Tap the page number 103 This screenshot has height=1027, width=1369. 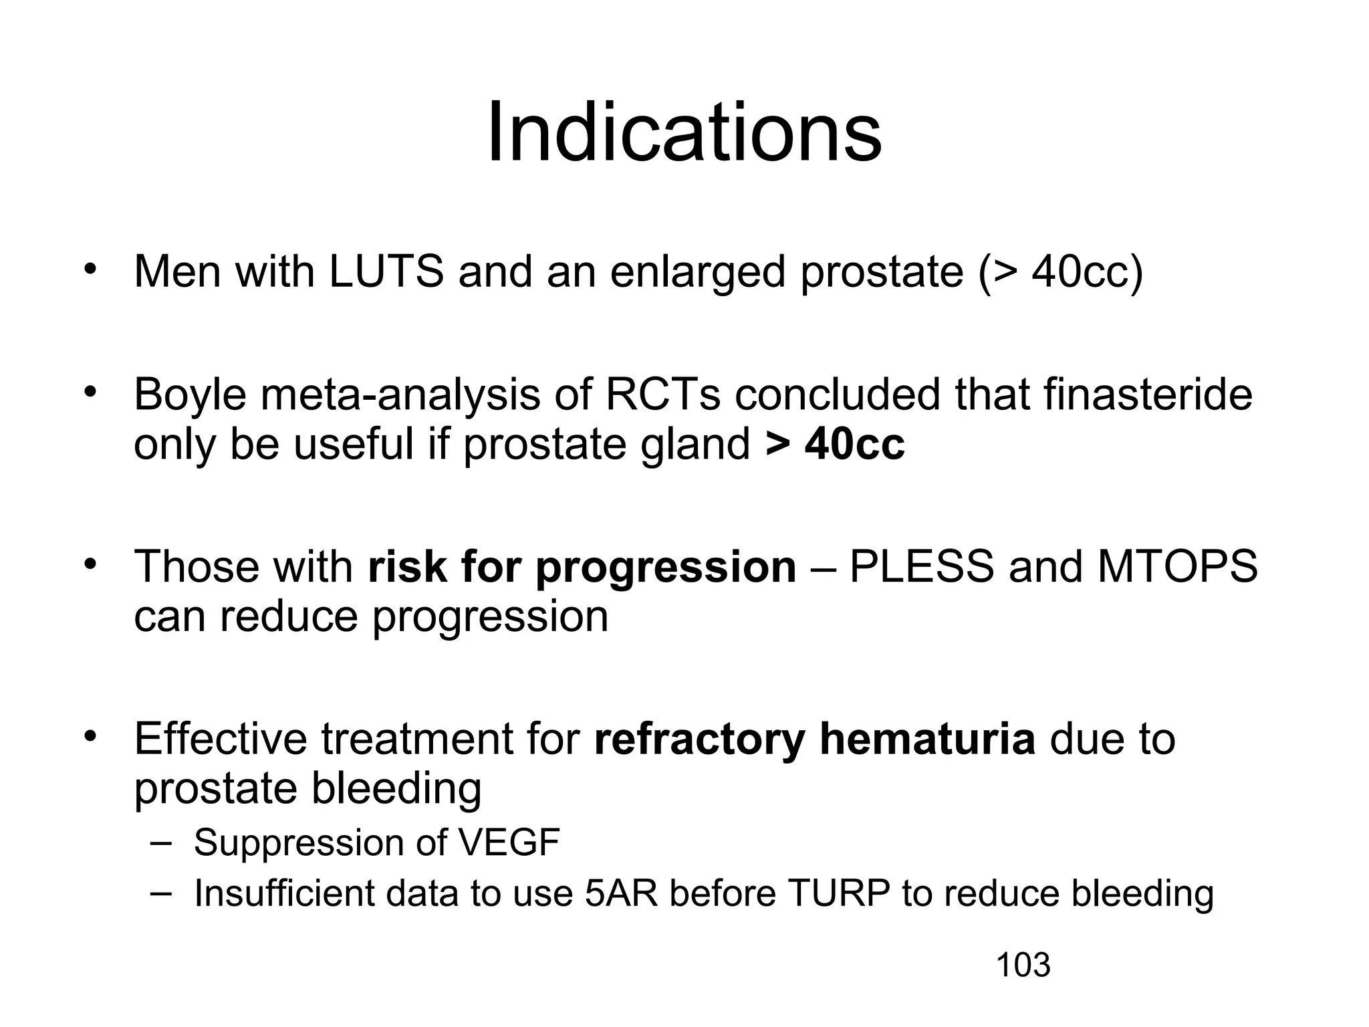point(1023,965)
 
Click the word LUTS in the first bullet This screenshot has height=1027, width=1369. point(386,272)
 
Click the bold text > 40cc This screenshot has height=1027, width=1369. point(835,444)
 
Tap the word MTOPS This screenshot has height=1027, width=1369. point(1177,566)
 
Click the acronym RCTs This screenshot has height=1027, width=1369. point(662,395)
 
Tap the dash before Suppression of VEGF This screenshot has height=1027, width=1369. point(160,842)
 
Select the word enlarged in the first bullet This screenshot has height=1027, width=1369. point(697,273)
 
